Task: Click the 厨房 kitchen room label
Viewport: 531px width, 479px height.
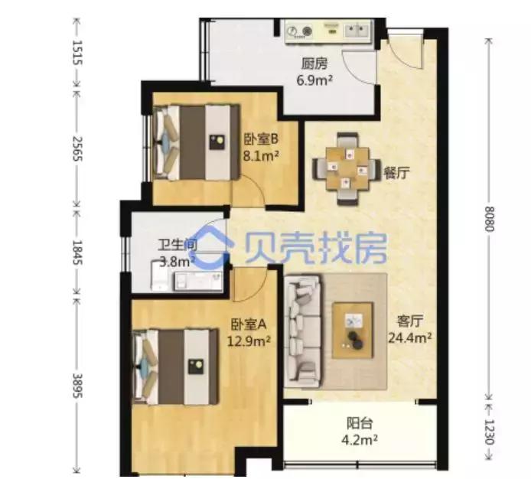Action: point(314,64)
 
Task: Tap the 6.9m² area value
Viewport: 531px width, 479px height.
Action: point(314,80)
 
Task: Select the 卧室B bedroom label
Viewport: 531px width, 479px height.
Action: point(261,139)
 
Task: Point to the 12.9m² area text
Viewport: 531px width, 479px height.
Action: point(249,341)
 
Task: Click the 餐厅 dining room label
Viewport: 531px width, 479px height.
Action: point(396,173)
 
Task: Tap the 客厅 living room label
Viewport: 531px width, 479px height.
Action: point(410,321)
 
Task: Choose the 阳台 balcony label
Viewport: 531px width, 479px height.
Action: point(360,423)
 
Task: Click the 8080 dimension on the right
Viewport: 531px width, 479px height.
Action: point(490,219)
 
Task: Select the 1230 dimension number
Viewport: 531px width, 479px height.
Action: point(490,432)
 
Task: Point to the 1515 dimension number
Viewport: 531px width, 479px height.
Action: point(77,53)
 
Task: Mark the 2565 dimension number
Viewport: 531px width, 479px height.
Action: point(77,148)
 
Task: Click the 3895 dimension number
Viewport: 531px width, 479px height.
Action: point(77,386)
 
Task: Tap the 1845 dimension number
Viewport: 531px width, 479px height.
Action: point(77,253)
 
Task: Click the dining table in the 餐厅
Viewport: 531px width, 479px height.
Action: point(347,169)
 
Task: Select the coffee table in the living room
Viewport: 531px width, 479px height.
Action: point(353,331)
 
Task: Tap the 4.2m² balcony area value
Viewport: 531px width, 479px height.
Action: point(360,440)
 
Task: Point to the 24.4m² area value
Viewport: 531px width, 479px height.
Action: point(410,337)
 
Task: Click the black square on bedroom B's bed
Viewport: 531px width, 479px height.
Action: point(217,142)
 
